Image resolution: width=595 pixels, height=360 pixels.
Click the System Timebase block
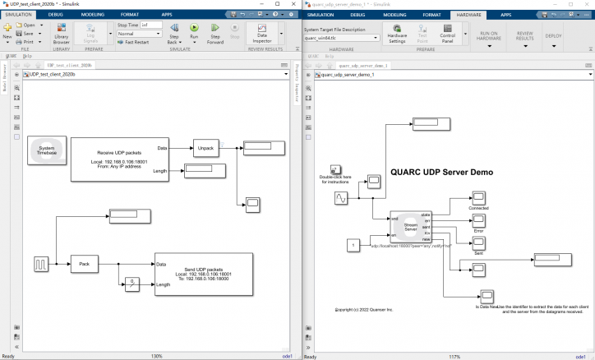pos(46,150)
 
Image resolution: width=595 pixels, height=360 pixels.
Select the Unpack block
pos(205,148)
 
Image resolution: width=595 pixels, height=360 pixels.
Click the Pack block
pos(83,264)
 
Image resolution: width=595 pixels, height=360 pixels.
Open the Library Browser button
pos(61,32)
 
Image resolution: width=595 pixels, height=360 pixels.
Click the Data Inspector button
pos(262,32)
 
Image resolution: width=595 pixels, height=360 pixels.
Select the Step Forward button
pos(214,33)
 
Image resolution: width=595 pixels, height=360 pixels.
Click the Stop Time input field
pos(150,25)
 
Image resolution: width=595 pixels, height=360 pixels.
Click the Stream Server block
pos(411,224)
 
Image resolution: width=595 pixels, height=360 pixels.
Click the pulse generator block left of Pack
pos(41,264)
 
